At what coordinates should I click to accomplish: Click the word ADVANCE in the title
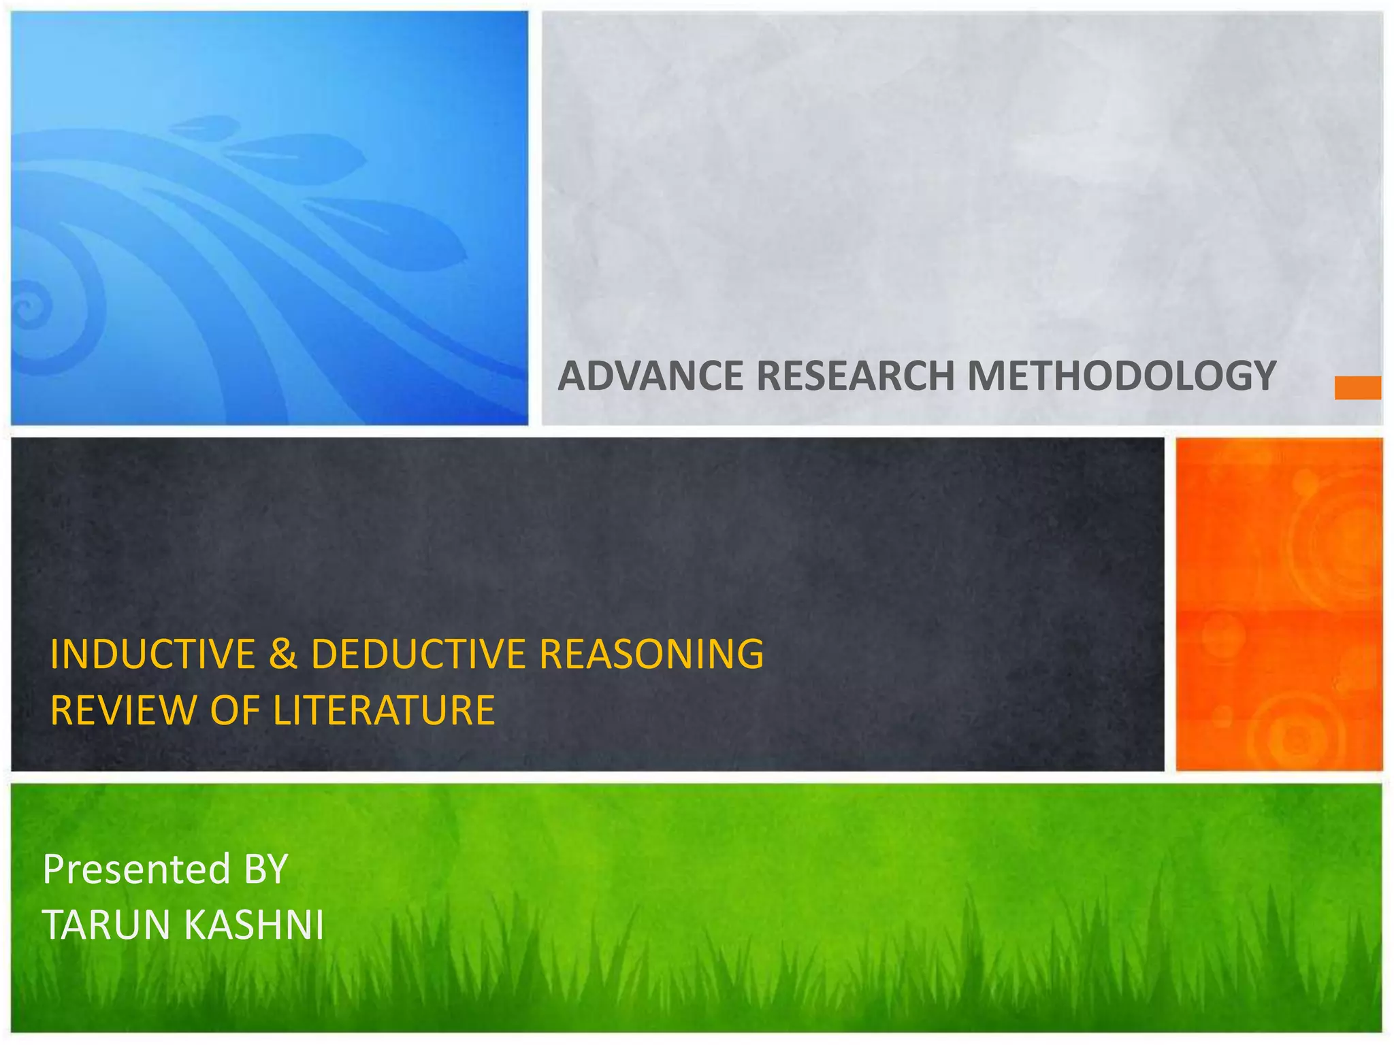651,376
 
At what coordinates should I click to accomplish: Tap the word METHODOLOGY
1122,376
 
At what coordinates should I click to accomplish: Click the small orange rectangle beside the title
1357,388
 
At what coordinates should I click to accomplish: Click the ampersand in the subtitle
283,654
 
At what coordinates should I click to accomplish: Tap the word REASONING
651,654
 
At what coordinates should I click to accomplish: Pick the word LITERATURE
384,711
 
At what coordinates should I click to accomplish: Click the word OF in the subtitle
235,711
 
